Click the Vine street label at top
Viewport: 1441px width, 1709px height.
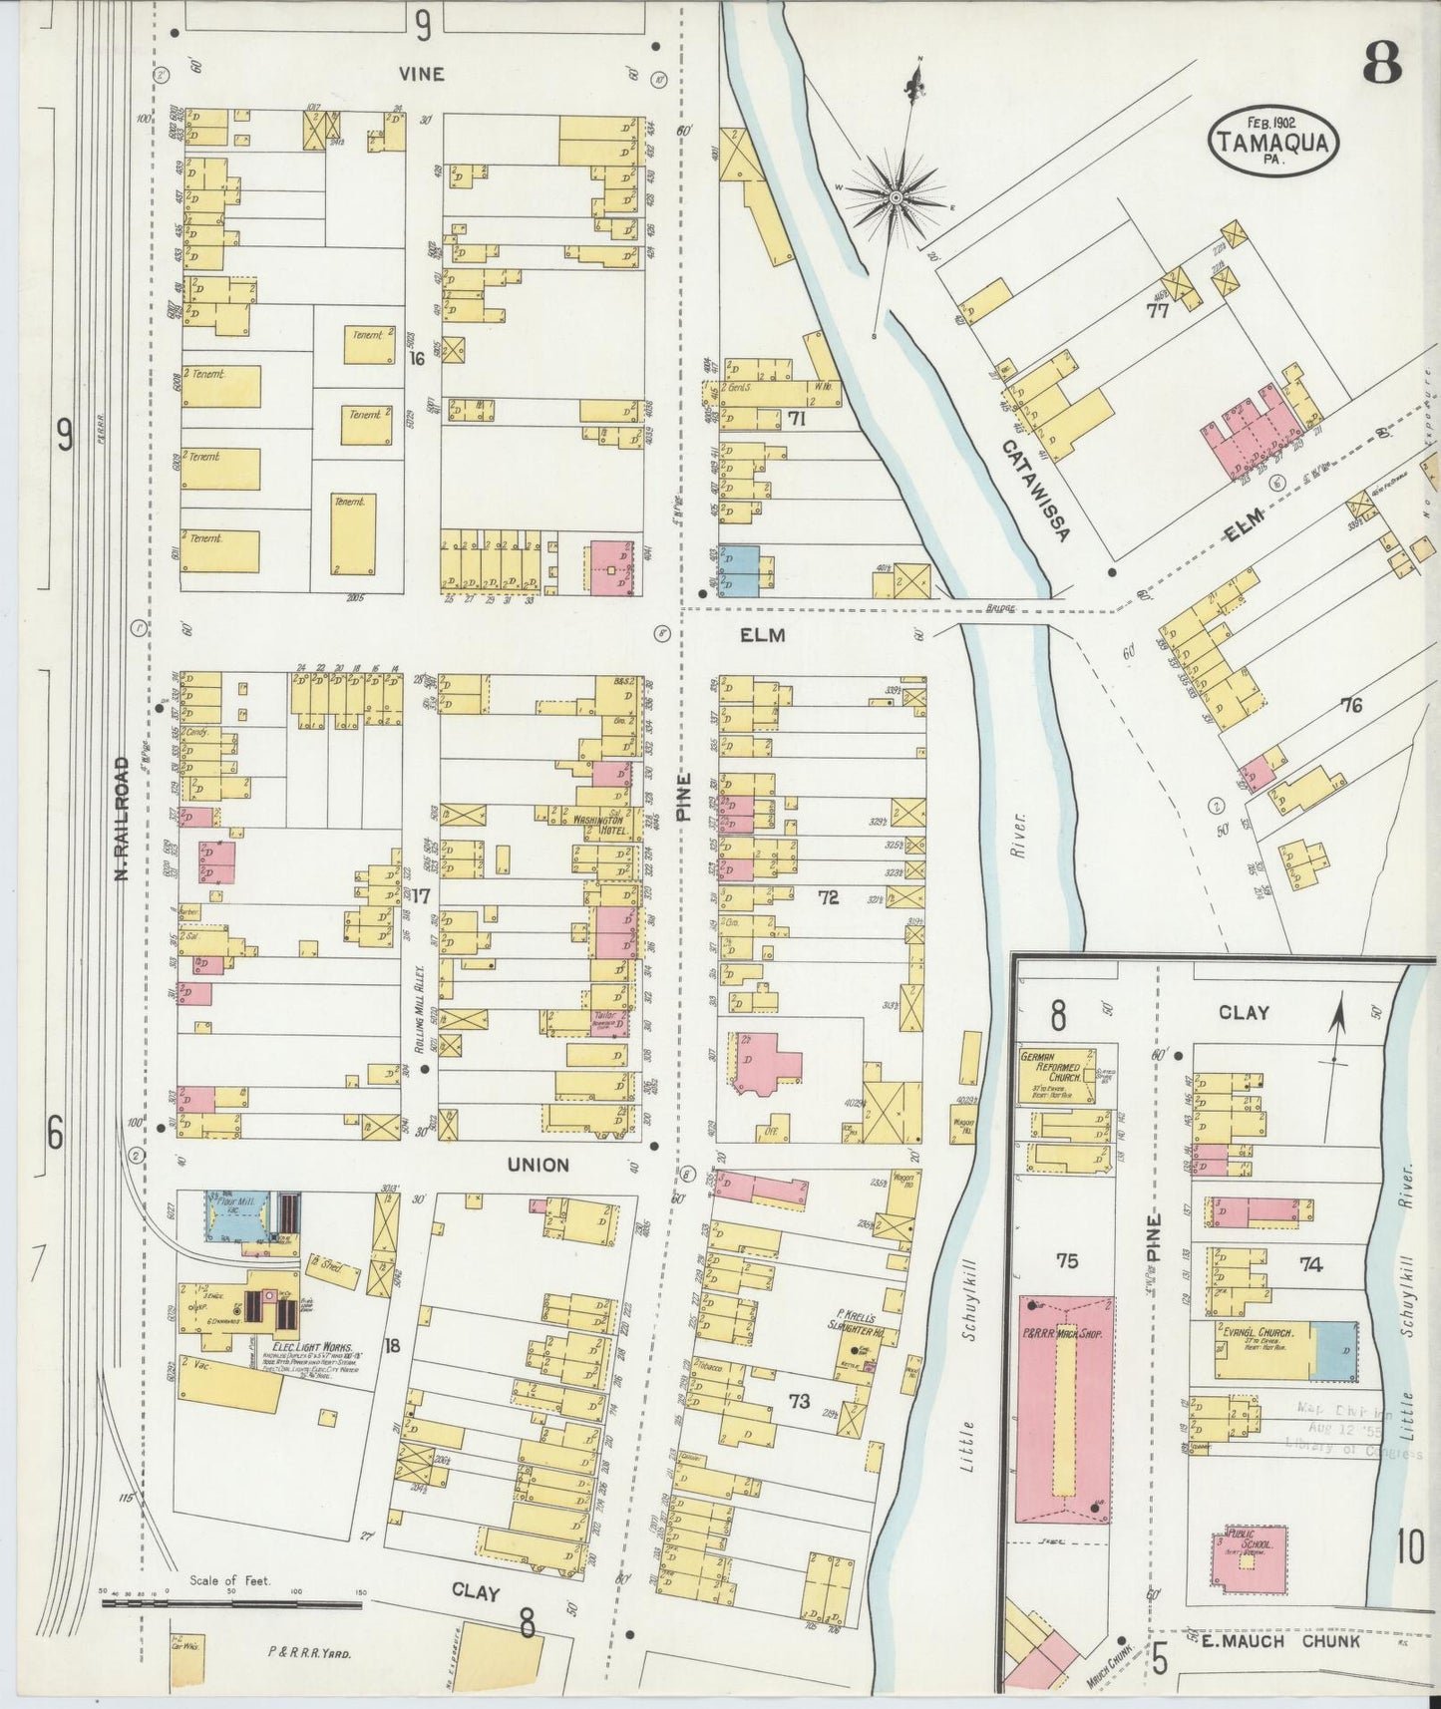point(421,73)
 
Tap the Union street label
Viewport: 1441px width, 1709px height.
point(539,1164)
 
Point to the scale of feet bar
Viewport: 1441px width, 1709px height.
point(232,1604)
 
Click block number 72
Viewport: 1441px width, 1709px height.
point(828,897)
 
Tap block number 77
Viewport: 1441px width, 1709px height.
point(1157,309)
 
